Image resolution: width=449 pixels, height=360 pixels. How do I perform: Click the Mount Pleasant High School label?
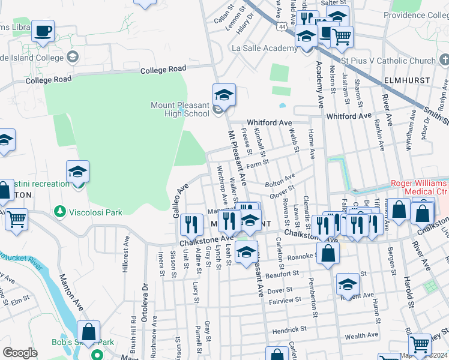[x=180, y=109]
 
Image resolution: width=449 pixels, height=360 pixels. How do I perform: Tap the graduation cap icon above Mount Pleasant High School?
[x=224, y=95]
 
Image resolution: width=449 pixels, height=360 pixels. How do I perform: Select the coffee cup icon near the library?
[x=43, y=31]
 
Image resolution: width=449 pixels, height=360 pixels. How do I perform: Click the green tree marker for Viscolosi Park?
[x=59, y=211]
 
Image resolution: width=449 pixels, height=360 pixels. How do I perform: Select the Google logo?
[x=20, y=353]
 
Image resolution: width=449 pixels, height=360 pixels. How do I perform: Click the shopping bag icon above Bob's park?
[x=88, y=331]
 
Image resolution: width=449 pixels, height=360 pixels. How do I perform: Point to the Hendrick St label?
[x=289, y=329]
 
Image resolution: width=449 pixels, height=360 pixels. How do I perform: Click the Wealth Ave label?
[x=361, y=335]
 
